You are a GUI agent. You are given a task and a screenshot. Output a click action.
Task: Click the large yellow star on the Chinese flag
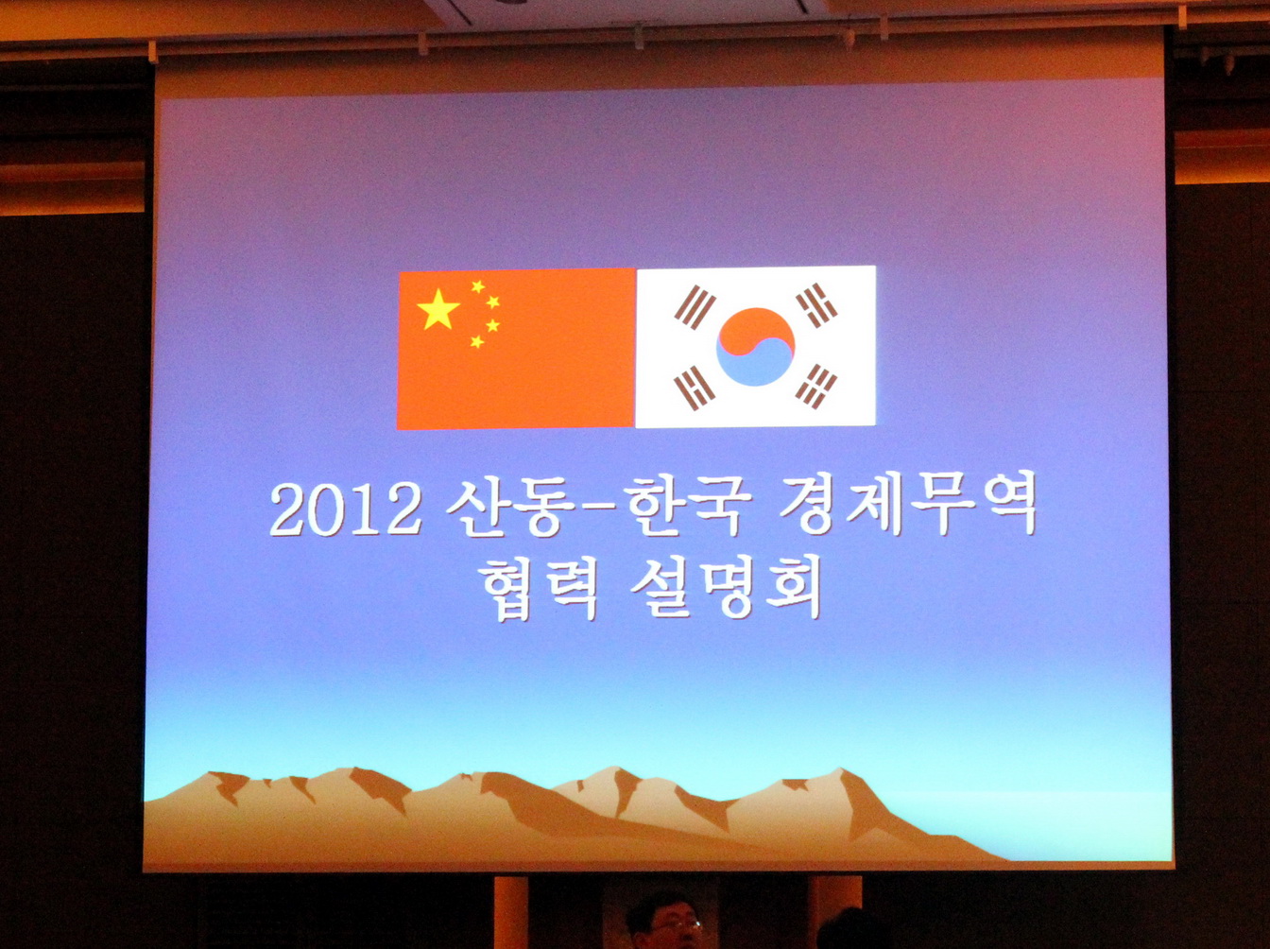click(438, 310)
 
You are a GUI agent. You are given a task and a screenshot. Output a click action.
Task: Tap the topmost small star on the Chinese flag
click(478, 286)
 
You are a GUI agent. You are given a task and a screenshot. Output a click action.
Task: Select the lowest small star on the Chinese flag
click(477, 341)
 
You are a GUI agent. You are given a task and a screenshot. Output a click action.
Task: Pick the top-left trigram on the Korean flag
click(695, 306)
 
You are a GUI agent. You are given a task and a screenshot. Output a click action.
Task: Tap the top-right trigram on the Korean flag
click(816, 305)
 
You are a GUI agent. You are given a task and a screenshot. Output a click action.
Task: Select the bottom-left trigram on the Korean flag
click(695, 388)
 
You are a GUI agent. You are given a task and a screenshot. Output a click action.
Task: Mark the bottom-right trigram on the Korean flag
click(815, 386)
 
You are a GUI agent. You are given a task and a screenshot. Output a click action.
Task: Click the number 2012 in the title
click(346, 509)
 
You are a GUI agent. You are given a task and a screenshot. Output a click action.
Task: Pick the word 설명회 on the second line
click(726, 588)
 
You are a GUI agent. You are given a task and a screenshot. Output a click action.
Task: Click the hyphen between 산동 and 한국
click(596, 509)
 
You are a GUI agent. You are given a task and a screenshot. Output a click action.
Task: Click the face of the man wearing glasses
click(671, 929)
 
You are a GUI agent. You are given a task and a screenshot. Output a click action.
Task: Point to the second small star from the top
click(493, 302)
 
